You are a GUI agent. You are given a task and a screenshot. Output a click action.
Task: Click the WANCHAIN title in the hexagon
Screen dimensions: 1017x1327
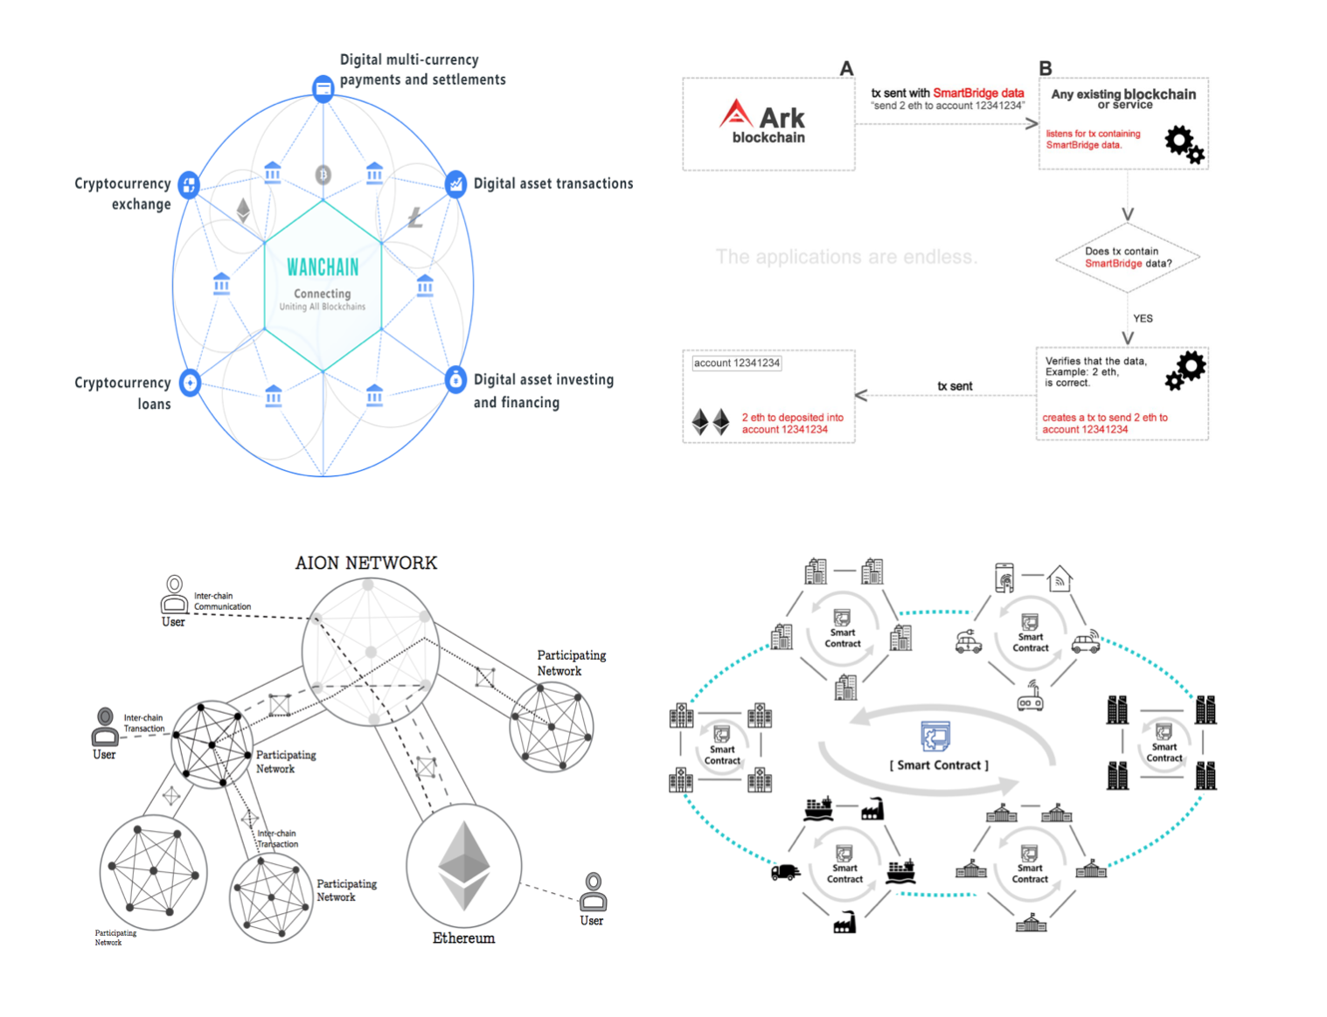[x=323, y=266]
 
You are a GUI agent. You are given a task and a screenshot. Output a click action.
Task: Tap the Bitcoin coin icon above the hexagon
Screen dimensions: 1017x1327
[x=323, y=175]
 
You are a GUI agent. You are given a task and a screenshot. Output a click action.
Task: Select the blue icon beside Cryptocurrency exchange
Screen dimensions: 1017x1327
[x=189, y=184]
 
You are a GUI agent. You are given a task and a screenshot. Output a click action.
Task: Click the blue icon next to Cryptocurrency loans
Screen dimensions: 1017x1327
[x=190, y=382]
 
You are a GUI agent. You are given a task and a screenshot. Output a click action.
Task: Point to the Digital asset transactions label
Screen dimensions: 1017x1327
[x=552, y=183]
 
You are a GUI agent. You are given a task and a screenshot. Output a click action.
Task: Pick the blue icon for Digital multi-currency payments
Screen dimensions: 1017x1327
[x=323, y=88]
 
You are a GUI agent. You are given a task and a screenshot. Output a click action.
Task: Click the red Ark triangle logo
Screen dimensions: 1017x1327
[x=736, y=114]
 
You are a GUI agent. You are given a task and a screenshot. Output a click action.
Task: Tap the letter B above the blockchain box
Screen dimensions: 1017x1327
[x=1046, y=68]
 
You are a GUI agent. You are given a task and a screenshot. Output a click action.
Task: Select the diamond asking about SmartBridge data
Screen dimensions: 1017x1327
[x=1127, y=258]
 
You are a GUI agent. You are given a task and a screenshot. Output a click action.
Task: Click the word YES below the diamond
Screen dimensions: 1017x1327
[x=1143, y=319]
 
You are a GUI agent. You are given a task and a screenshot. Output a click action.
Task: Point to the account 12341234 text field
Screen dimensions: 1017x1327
[x=737, y=363]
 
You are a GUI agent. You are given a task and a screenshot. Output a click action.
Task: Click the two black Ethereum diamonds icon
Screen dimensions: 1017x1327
[x=711, y=422]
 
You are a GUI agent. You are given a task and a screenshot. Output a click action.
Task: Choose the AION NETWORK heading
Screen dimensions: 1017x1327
[x=365, y=563]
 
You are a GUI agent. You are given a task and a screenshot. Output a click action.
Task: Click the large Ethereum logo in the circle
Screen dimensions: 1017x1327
[x=463, y=866]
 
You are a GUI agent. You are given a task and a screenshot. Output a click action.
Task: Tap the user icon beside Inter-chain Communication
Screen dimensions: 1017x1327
[x=174, y=593]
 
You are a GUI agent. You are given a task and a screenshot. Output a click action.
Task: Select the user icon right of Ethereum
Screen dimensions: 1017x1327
[x=593, y=891]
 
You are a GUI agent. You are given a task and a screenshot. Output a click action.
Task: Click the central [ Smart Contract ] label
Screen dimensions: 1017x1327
[x=939, y=765]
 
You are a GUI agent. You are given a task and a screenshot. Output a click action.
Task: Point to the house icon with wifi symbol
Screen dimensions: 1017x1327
[x=1060, y=578]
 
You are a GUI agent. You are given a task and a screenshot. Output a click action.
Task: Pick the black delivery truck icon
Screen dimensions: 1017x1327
[x=785, y=872]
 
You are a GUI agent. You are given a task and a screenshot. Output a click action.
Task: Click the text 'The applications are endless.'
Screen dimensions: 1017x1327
[x=846, y=257]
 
